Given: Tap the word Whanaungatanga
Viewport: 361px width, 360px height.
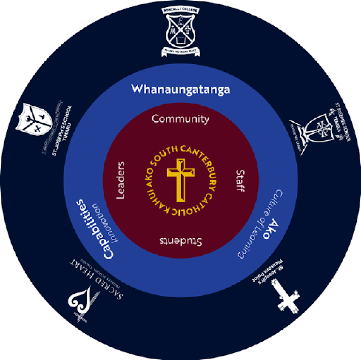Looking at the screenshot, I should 180,89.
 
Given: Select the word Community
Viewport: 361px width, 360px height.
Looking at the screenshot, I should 180,119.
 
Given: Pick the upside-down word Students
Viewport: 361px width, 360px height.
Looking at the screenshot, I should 180,241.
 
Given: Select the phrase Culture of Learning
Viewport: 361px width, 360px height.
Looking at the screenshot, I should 258,224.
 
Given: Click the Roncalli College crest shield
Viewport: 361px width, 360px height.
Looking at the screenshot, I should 180,31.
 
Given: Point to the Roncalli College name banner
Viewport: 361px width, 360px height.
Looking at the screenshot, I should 180,10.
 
